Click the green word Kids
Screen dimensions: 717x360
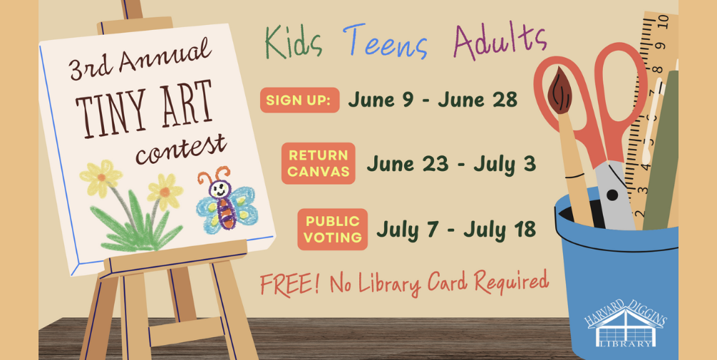coord(294,43)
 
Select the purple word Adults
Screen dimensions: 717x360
coord(500,40)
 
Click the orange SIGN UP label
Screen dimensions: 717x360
coord(299,100)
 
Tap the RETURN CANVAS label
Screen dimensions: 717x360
coord(319,163)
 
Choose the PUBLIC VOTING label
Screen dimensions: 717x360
coord(332,229)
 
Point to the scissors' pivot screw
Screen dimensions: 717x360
coord(613,195)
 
